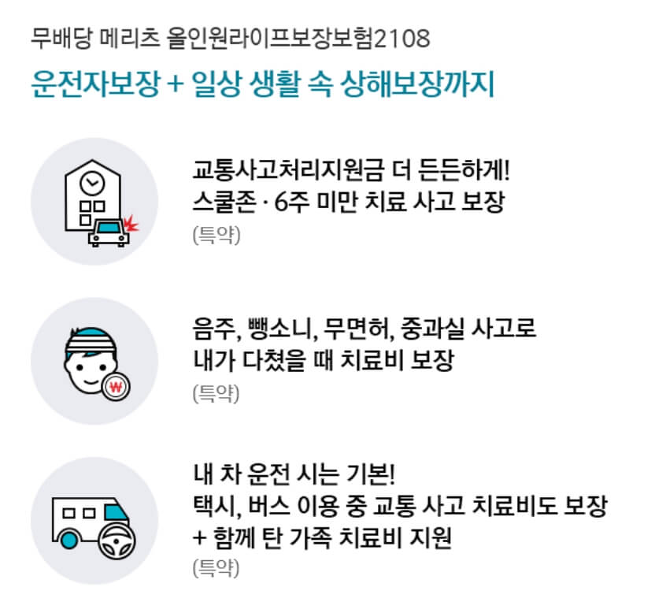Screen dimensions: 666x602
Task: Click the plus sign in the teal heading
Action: point(175,85)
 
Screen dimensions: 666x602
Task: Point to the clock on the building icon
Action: point(94,183)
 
